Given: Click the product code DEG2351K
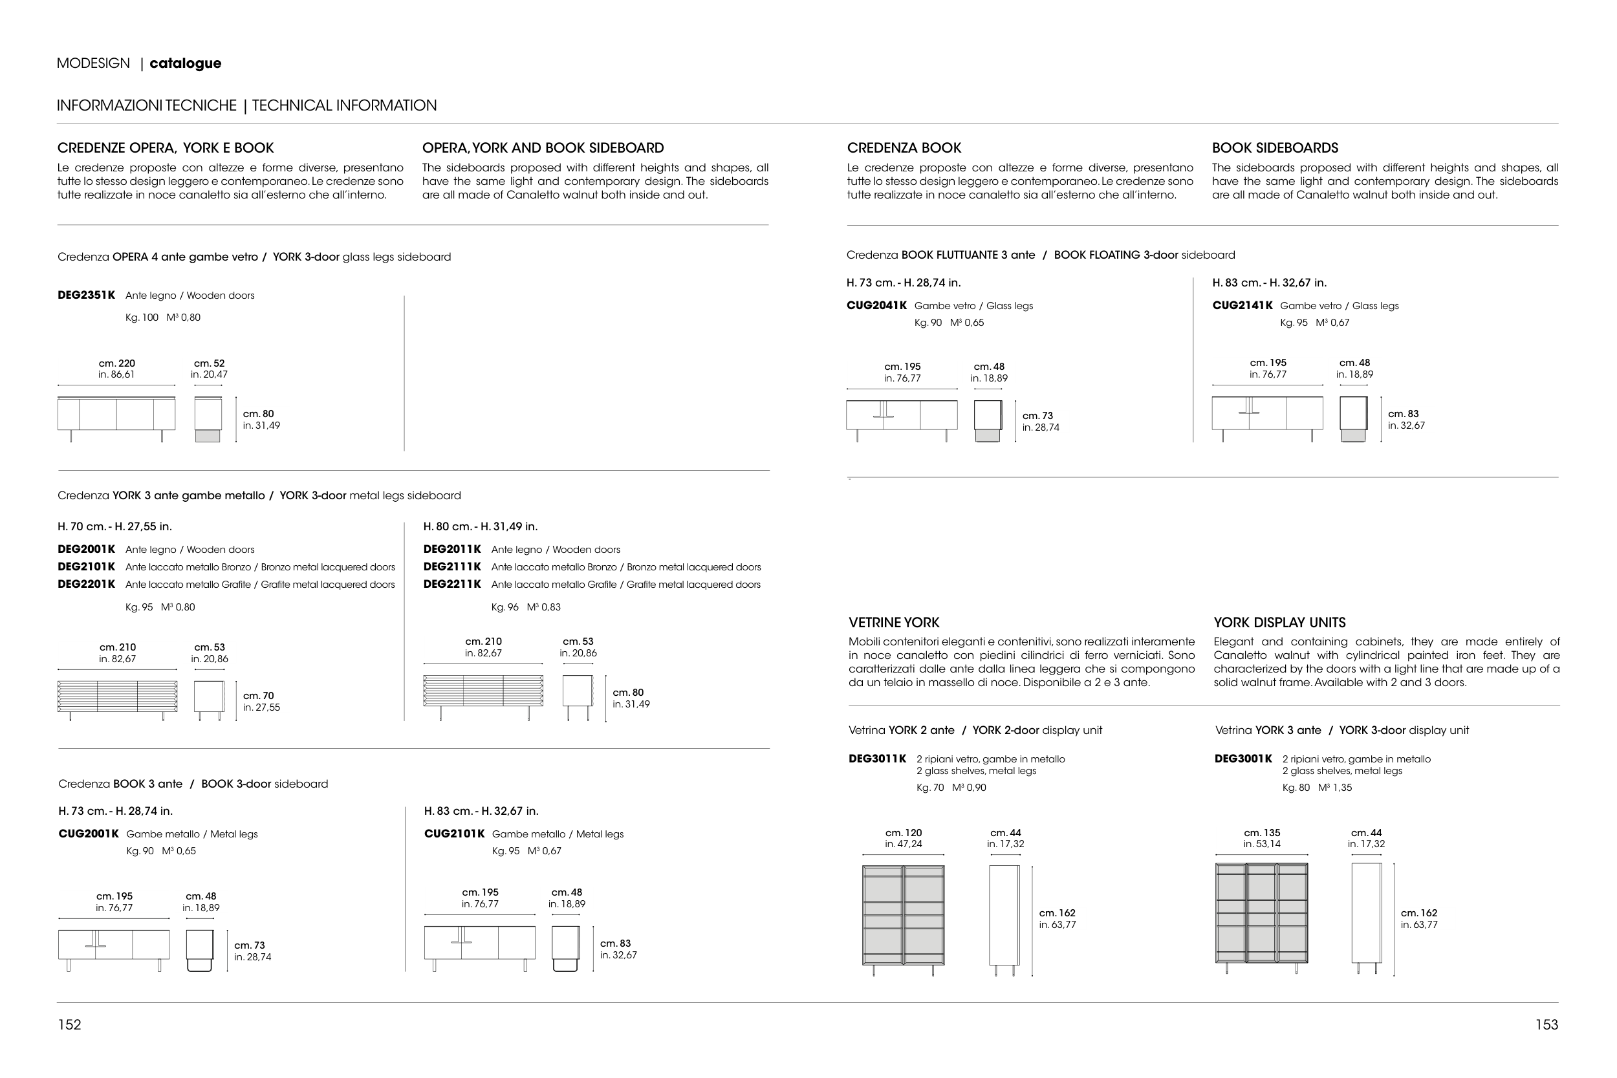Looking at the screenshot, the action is [x=87, y=295].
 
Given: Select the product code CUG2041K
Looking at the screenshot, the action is [x=876, y=305].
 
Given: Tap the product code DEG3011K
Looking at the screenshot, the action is [x=878, y=759].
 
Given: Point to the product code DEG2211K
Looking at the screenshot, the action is [x=452, y=584].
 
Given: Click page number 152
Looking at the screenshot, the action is [x=69, y=1024].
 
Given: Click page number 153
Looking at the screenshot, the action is [x=1547, y=1024].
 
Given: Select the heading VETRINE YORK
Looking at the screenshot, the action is [x=894, y=622].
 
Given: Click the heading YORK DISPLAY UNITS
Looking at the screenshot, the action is [x=1279, y=622].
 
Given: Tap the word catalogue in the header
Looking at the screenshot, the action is [x=186, y=63].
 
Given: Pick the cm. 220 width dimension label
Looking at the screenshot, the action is [x=117, y=363].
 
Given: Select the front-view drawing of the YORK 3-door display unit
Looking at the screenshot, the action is [x=1261, y=918].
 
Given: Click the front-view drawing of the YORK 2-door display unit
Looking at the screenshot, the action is [x=904, y=920].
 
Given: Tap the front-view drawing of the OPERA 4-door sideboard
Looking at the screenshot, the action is [x=116, y=418].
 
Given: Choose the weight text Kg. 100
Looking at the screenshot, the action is [x=142, y=317].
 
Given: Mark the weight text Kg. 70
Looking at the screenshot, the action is [x=930, y=787].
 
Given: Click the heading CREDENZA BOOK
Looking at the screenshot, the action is [x=904, y=148].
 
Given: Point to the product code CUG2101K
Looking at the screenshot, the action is [x=455, y=834].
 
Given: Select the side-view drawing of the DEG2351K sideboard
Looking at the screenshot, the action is [x=208, y=418].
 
